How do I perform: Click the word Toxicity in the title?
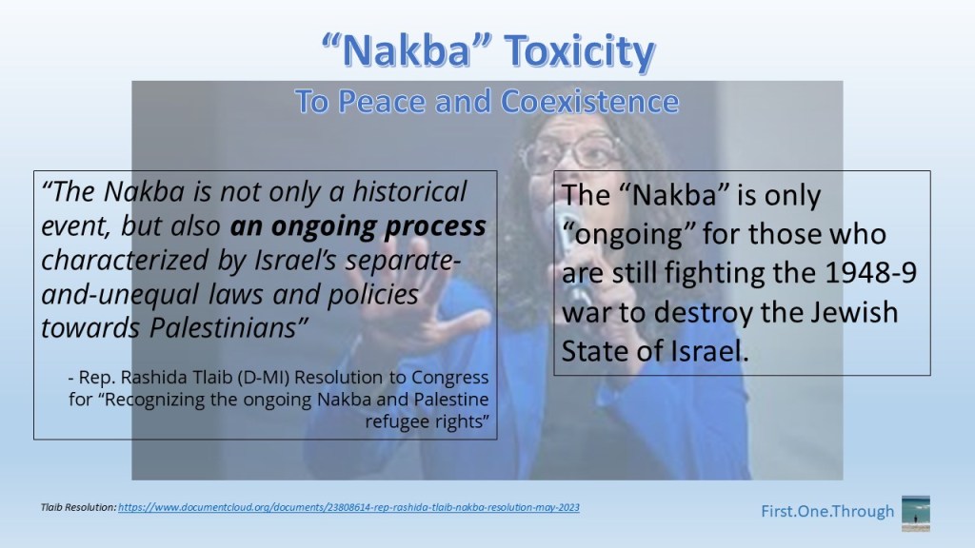point(579,51)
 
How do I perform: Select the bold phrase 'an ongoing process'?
point(358,226)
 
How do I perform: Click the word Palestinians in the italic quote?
point(228,328)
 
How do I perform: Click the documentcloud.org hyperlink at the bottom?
point(348,507)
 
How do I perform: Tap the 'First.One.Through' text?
point(827,511)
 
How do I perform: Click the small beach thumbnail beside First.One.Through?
point(916,513)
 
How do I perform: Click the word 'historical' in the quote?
point(409,191)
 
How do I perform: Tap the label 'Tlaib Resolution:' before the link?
point(78,507)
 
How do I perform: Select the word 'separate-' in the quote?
point(403,262)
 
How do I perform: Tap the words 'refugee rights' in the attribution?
point(428,421)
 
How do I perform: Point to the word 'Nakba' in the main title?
point(408,51)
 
